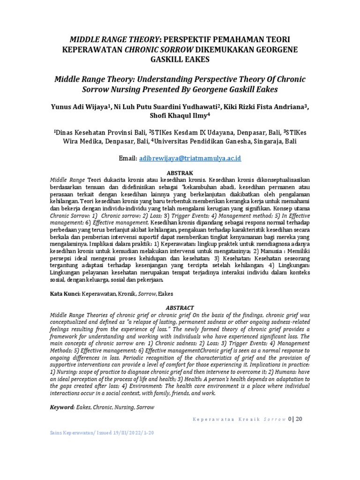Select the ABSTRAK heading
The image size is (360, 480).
pos(180,172)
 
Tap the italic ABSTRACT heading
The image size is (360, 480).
pos(180,307)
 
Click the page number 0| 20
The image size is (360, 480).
pos(296,419)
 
